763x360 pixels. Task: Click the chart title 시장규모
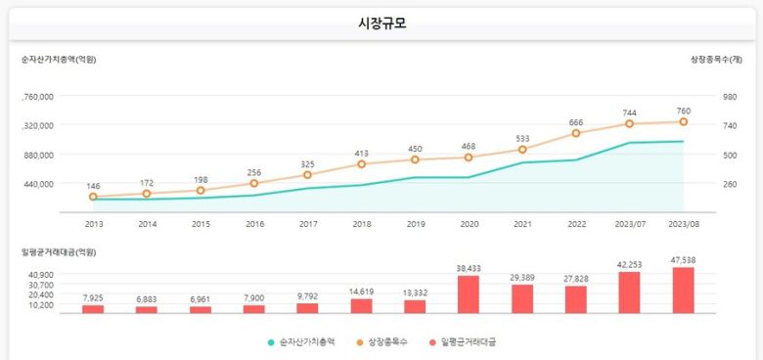pos(381,23)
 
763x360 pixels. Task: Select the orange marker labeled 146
pos(94,197)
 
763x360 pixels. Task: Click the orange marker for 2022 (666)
pos(576,133)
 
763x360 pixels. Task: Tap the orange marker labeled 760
pos(683,121)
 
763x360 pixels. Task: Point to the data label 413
pos(361,154)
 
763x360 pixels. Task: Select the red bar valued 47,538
pos(683,290)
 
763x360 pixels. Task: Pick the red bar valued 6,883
pos(147,308)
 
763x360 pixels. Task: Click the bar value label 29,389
pos(522,278)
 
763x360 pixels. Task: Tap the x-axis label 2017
pos(308,224)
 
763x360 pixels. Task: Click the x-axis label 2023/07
pos(629,224)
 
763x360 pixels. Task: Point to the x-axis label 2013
pos(94,224)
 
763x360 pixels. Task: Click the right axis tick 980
pos(730,96)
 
